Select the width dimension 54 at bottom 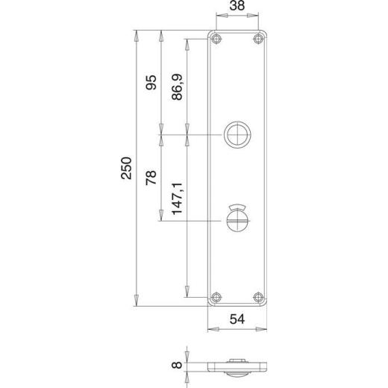[x=237, y=319]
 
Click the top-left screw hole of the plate [x=216, y=40]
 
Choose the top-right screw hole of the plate [x=259, y=40]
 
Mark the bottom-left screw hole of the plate [x=216, y=295]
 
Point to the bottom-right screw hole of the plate [x=259, y=295]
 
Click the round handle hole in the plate [x=237, y=135]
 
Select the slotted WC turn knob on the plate [x=237, y=222]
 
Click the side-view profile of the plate [x=237, y=367]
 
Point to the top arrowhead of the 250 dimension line [x=135, y=34]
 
